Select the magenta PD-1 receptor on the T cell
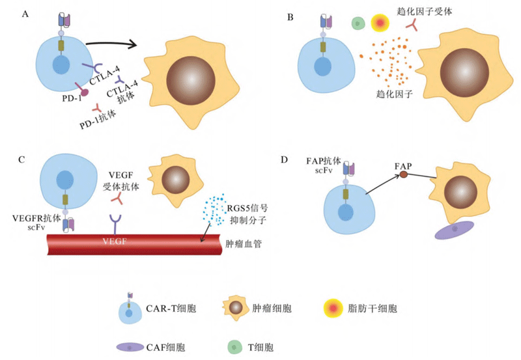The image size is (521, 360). [83, 93]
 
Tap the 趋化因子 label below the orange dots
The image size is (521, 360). [393, 95]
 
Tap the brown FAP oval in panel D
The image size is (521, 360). [404, 174]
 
